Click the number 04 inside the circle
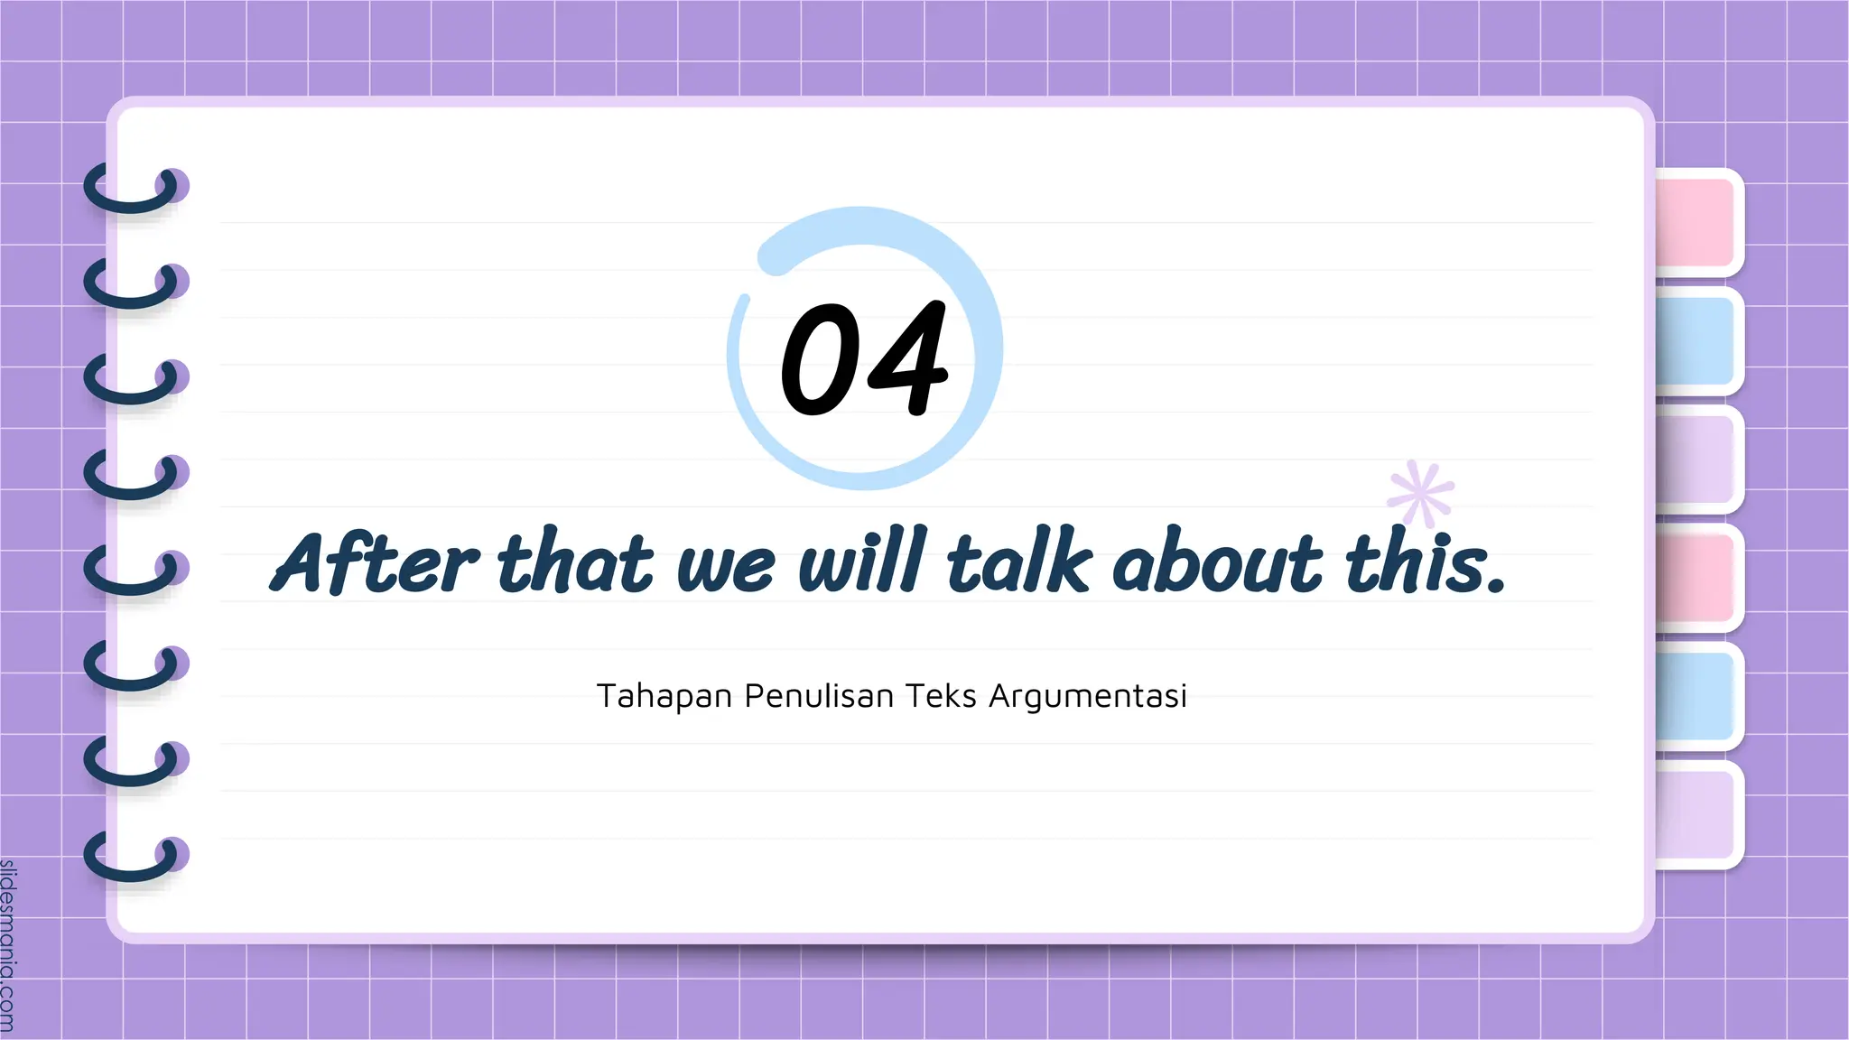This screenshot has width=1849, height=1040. (864, 358)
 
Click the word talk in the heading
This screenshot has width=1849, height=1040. (1018, 562)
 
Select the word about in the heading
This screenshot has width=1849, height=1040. (1217, 562)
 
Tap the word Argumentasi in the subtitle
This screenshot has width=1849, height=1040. (1087, 696)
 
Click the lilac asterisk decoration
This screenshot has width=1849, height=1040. (1421, 494)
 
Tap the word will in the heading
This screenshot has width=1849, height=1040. (862, 562)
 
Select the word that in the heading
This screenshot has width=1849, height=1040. (574, 562)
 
